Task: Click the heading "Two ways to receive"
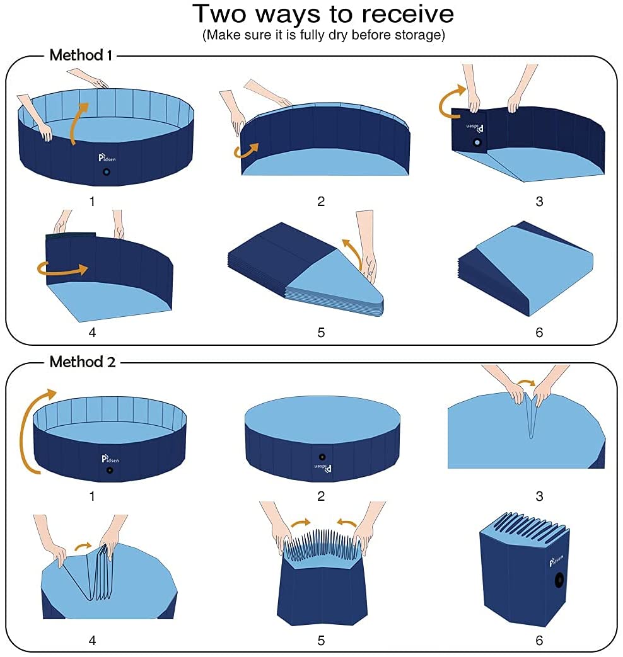(x=323, y=14)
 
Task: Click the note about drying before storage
(x=323, y=35)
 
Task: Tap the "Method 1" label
(x=81, y=55)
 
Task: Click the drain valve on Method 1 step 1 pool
(x=107, y=172)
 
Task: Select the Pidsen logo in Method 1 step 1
(x=107, y=157)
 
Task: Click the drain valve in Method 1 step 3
(x=477, y=143)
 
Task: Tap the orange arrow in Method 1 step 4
(x=62, y=269)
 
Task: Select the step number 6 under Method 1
(x=539, y=332)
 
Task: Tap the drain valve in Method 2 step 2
(x=322, y=457)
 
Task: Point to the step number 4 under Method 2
(x=93, y=641)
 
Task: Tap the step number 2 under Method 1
(x=321, y=202)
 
